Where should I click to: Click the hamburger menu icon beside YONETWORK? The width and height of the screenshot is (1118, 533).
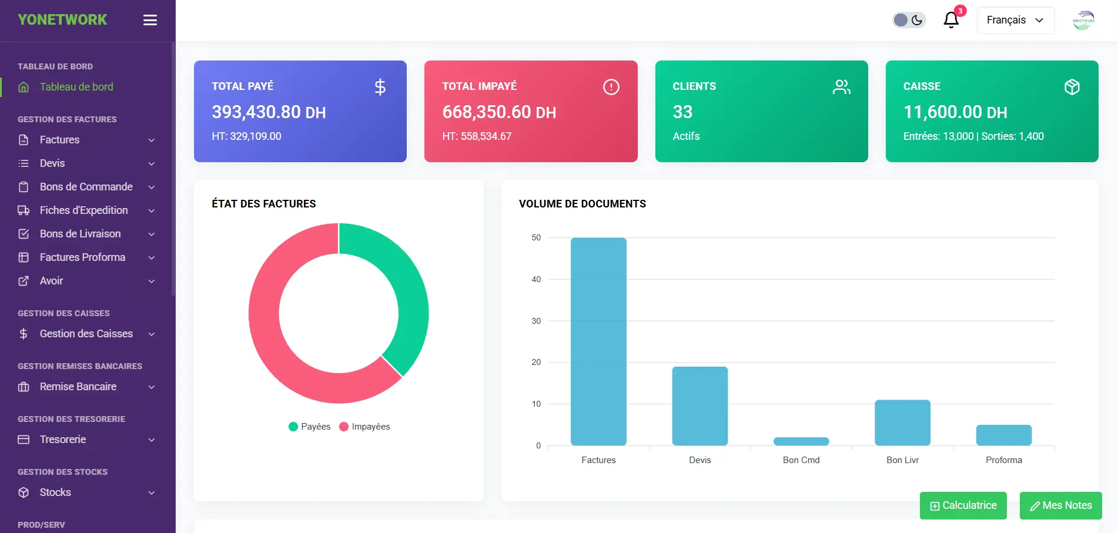(150, 20)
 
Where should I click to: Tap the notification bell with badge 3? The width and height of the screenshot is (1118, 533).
(951, 20)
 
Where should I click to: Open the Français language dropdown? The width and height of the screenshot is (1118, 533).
(1015, 20)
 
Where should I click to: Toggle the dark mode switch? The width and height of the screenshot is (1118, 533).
(909, 20)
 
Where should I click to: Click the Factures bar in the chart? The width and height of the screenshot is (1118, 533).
(598, 341)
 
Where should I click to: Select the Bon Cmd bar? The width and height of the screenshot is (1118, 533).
(801, 441)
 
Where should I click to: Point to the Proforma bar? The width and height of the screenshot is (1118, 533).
(1003, 435)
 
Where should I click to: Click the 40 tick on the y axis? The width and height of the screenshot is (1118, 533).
(536, 279)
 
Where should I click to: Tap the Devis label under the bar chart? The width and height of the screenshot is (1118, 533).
(699, 460)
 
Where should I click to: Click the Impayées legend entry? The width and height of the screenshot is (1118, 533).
(365, 427)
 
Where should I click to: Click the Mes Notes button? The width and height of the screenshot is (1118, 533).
(1060, 505)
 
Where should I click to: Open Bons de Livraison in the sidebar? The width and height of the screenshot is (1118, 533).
(80, 234)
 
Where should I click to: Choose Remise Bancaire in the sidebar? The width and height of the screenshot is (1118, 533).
(78, 387)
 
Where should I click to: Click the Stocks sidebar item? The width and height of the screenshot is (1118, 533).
(55, 492)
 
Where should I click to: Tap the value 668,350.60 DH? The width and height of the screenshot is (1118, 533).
(499, 112)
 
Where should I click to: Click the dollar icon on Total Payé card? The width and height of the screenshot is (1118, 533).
(380, 87)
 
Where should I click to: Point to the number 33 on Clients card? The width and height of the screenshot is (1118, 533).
(682, 112)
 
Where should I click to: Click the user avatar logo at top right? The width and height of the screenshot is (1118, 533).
(1083, 21)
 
